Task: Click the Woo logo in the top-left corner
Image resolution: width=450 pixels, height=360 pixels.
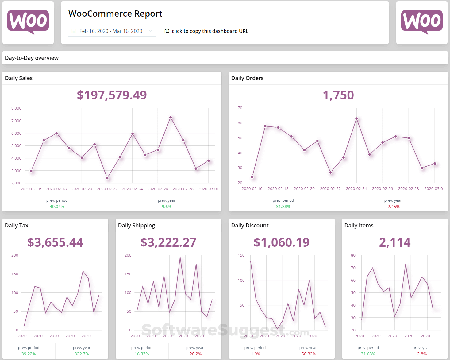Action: pos(28,22)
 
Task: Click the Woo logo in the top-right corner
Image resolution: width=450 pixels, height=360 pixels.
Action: pos(422,22)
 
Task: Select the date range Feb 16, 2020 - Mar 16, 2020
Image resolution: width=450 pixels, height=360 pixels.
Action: pos(111,31)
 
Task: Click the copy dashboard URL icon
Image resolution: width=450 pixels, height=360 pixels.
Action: pos(167,31)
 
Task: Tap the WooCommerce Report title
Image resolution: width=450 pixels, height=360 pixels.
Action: pos(115,14)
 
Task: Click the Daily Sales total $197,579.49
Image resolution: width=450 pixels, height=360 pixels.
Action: pos(112,95)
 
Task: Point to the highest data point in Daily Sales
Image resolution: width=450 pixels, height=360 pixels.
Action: pos(171,118)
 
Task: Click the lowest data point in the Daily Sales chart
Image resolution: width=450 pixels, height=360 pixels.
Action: pos(107,178)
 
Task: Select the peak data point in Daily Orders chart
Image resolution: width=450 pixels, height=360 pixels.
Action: pos(356,118)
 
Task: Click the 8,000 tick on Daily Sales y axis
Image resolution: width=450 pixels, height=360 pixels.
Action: pos(16,108)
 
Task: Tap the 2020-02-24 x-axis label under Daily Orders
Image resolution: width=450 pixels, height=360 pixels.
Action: pos(356,189)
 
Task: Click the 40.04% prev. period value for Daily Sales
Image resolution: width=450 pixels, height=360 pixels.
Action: pos(57,207)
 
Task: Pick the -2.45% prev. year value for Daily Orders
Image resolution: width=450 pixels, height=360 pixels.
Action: pos(393,207)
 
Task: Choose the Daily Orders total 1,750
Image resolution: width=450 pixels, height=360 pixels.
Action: pos(338,95)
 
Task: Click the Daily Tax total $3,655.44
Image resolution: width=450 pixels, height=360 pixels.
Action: pos(55,242)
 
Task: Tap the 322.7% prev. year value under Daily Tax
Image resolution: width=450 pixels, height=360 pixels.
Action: pos(82,354)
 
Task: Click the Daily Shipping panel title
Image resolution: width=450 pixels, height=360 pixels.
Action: pos(137,226)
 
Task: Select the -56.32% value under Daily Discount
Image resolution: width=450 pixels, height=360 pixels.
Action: pos(308,354)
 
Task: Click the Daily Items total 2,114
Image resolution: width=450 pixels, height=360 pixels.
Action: pos(394,242)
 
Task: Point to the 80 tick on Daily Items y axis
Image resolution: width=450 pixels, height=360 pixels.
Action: pos(353,255)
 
